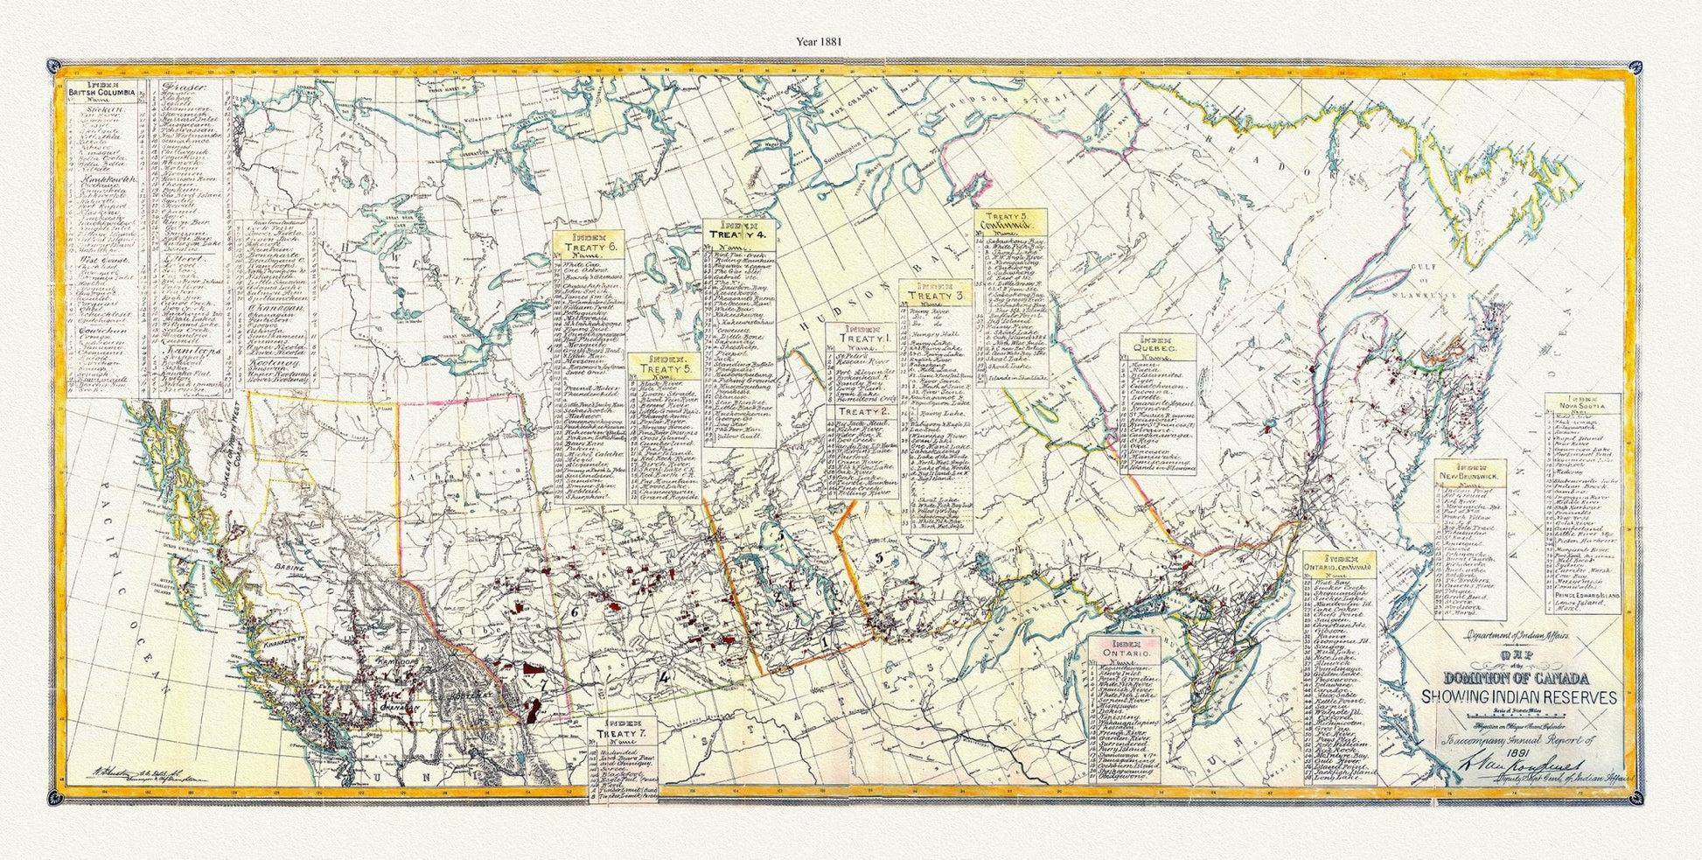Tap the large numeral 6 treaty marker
pyautogui.click(x=575, y=613)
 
